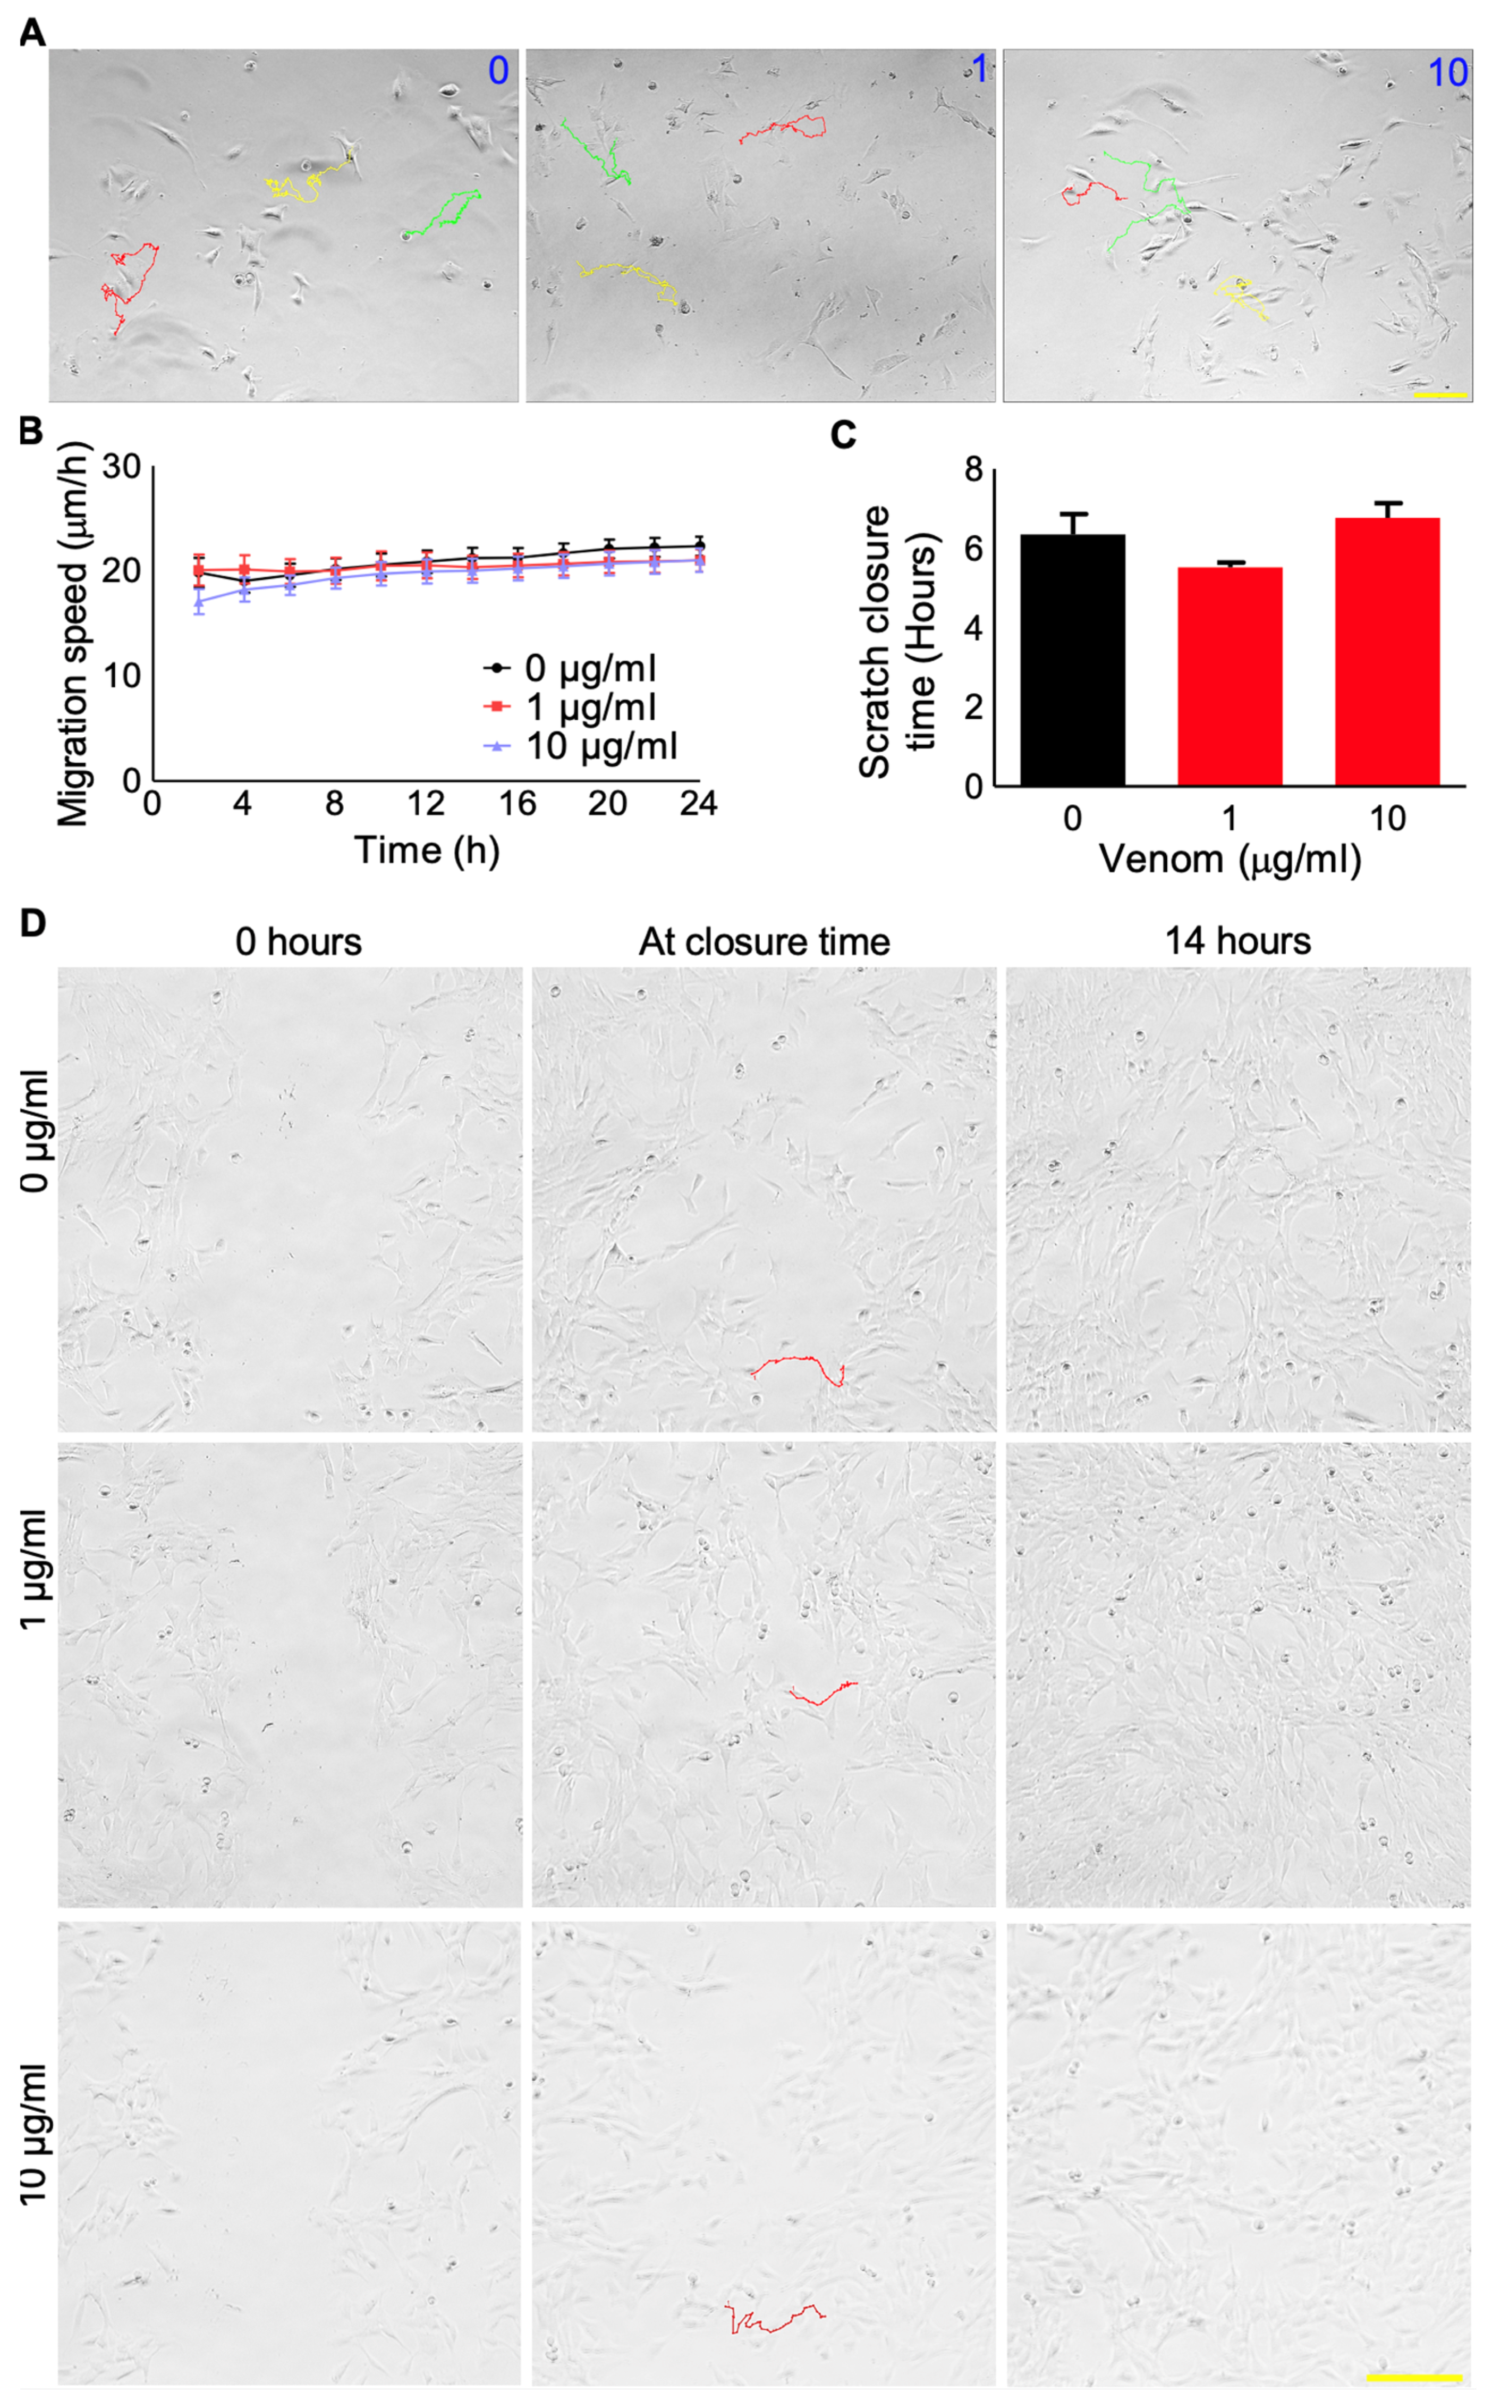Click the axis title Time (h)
[x=426, y=851]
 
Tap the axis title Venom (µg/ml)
[x=1230, y=860]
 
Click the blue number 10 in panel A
[x=1447, y=73]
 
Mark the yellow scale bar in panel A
[x=1440, y=395]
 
